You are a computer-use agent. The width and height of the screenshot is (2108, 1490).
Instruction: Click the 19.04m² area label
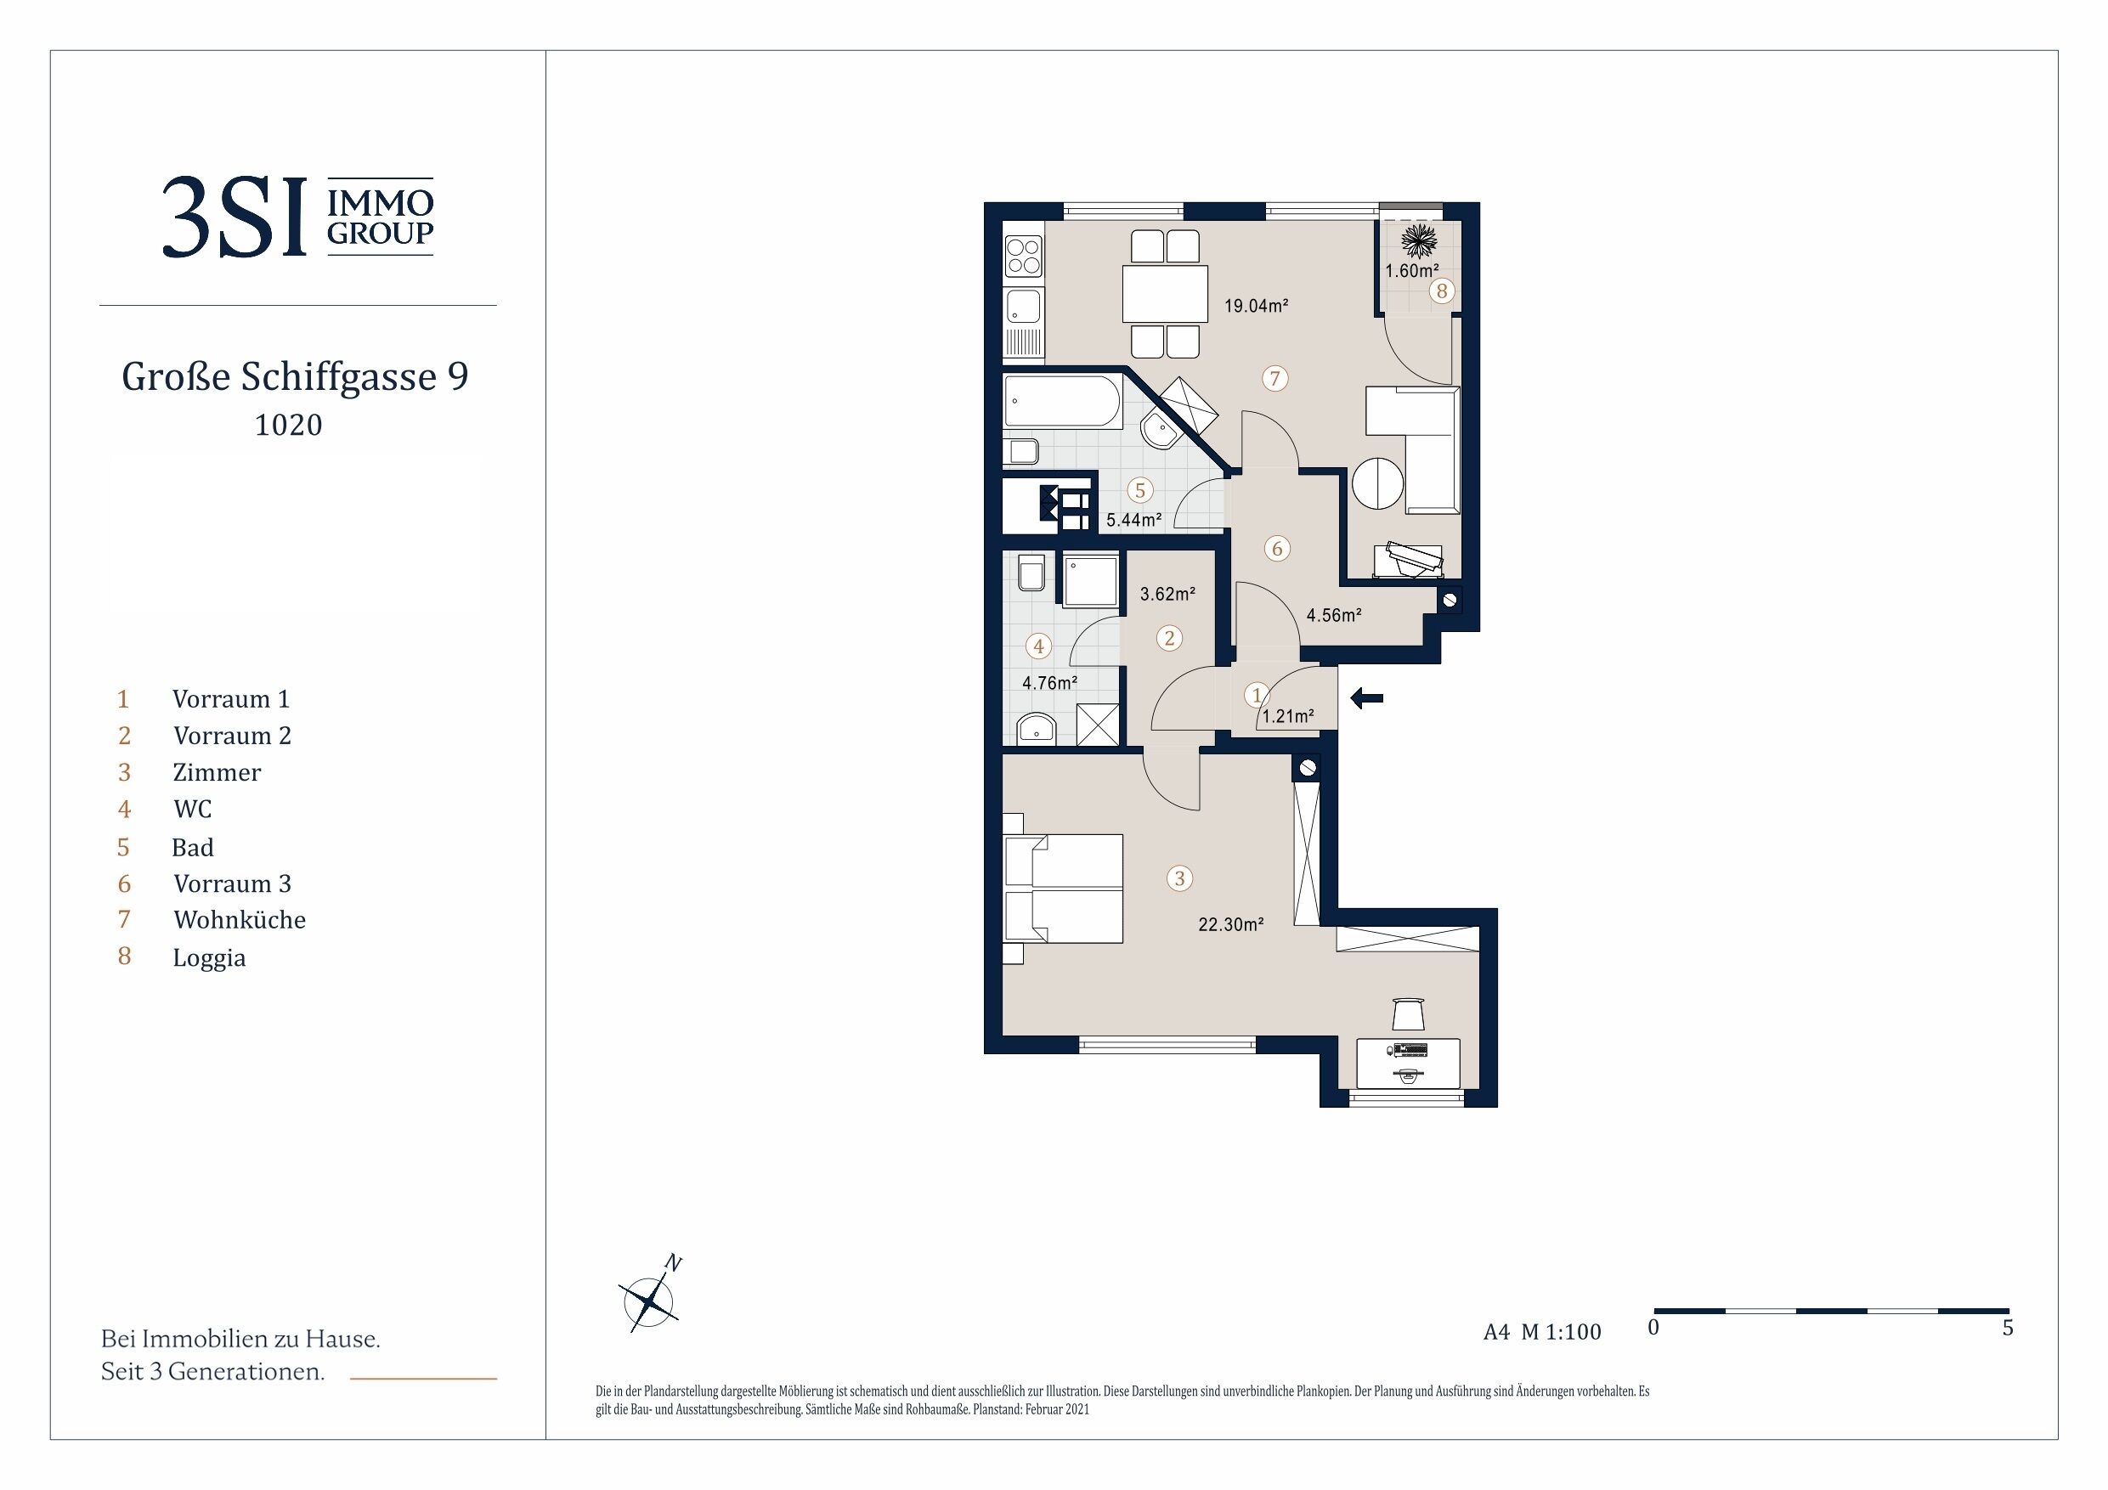click(x=1256, y=306)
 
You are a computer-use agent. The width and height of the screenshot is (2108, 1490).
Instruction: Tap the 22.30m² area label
click(x=1230, y=924)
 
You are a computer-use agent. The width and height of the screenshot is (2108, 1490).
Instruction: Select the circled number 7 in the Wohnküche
click(x=1274, y=378)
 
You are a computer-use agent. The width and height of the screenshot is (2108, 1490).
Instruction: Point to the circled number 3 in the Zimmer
click(x=1180, y=878)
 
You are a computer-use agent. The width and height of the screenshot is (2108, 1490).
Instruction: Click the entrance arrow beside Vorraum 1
click(x=1366, y=700)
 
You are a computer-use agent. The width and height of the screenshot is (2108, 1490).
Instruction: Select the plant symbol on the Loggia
click(x=1418, y=242)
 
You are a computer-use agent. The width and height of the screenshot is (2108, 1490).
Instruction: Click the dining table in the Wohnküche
click(x=1165, y=294)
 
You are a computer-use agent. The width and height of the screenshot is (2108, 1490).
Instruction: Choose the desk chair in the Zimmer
click(x=1408, y=1013)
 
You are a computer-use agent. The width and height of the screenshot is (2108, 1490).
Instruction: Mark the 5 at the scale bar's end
click(x=2008, y=1329)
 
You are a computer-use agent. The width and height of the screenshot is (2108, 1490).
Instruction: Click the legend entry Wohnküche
click(x=240, y=920)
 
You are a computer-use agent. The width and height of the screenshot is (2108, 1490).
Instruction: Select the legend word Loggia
click(x=209, y=958)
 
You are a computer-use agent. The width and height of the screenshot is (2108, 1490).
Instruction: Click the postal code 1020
click(x=288, y=425)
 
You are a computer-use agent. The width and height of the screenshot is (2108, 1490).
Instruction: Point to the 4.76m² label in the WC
click(x=1049, y=683)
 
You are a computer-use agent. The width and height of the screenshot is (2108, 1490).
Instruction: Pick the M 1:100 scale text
click(x=1561, y=1332)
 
